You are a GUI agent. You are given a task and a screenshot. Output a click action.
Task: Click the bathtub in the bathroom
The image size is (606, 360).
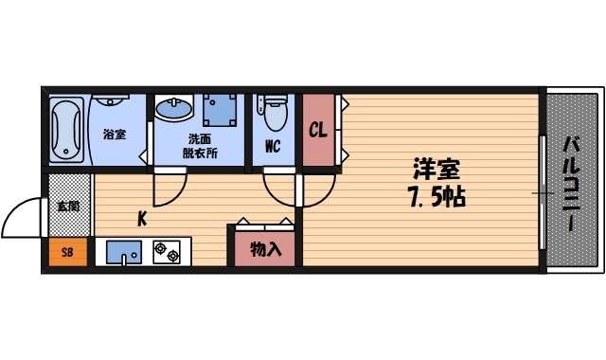pos(68,130)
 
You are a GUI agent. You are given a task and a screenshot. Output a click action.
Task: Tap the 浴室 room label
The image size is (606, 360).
pos(115,135)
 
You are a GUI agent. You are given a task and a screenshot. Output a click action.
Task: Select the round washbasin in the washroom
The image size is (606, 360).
pos(174,111)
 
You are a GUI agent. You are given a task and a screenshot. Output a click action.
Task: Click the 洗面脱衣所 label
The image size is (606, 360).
pos(200,144)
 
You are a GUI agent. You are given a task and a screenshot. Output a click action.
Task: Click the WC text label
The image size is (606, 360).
pos(272,146)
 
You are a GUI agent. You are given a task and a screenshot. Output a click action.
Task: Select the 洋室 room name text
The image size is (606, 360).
pos(436,171)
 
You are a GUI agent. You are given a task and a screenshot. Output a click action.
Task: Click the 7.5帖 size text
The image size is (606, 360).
pos(435,199)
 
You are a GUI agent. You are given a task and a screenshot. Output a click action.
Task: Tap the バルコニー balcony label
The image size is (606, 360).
pos(572,185)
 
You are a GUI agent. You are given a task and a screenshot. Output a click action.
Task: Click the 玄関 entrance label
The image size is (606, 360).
pos(68,206)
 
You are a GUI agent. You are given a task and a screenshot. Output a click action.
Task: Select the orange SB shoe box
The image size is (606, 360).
pos(67,253)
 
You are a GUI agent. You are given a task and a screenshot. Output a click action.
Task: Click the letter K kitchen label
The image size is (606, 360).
pos(142,220)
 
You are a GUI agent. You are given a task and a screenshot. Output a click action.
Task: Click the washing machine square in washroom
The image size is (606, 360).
pos(220,111)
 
